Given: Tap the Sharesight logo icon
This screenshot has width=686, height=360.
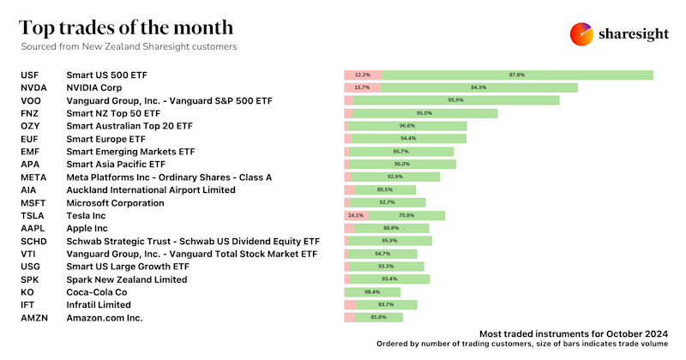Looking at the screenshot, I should coord(582,33).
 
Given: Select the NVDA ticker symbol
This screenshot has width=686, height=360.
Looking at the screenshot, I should coord(33,87).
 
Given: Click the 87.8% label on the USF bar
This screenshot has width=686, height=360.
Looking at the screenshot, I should coord(516,75).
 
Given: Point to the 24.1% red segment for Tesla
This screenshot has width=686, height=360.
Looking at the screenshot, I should coord(356,216).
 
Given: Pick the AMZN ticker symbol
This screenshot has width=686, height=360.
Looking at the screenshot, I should coord(35,318).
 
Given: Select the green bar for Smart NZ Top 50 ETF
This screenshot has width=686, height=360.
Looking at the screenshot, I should coord(424,113).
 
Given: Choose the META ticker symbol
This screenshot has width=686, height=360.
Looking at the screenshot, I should coord(35,177).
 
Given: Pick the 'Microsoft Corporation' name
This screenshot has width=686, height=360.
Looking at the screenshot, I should coord(115,203).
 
